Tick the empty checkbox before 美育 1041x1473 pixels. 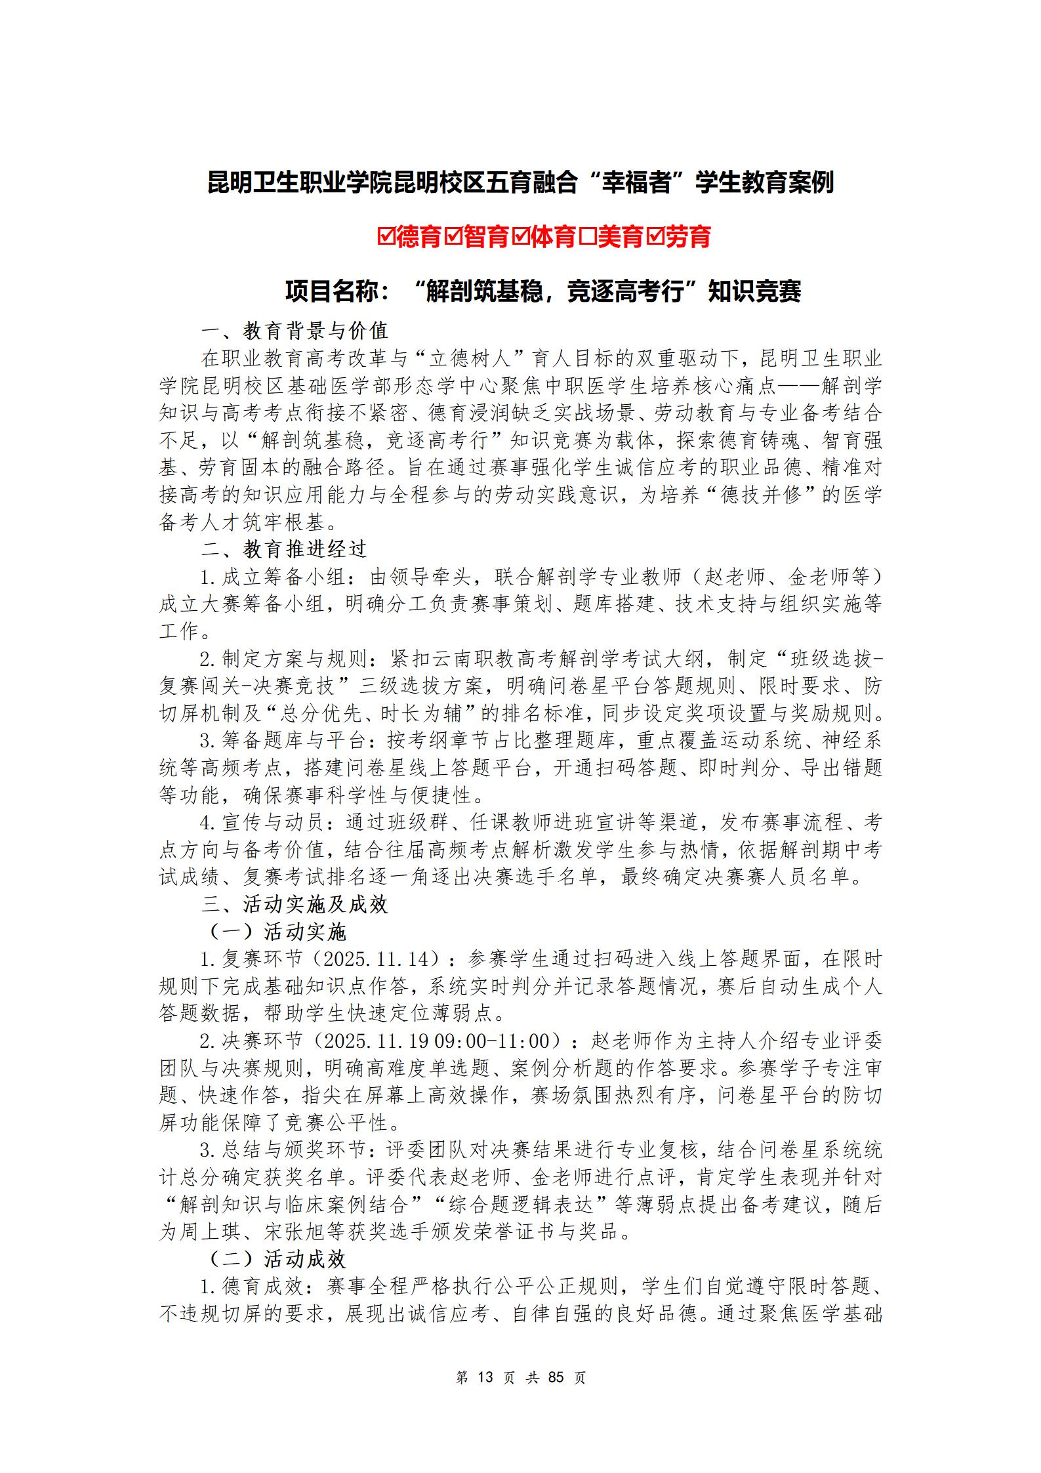tap(588, 236)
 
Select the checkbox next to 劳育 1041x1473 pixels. tap(655, 236)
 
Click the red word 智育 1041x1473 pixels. tap(487, 236)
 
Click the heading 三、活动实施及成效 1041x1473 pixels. tap(295, 905)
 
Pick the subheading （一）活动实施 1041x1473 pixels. tap(277, 932)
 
